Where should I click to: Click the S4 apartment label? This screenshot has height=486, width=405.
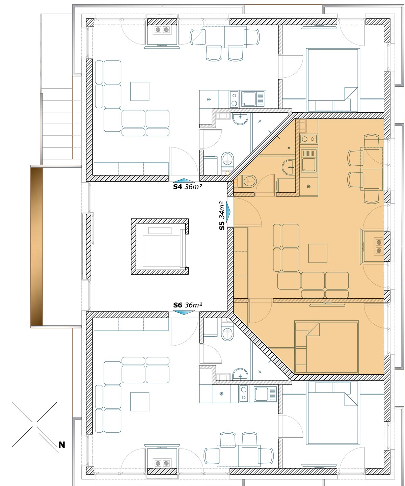[x=177, y=187]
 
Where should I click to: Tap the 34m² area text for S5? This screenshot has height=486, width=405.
[x=222, y=210]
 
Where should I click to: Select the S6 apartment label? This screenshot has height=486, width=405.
[x=178, y=305]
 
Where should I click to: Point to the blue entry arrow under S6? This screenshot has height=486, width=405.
[x=184, y=313]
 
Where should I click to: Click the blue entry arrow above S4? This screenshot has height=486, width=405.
[x=184, y=180]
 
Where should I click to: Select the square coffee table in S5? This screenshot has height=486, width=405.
[x=318, y=253]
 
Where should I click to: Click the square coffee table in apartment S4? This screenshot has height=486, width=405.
[x=140, y=91]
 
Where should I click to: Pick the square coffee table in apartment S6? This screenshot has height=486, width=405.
[x=140, y=402]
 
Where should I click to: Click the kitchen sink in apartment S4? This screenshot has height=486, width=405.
[x=253, y=99]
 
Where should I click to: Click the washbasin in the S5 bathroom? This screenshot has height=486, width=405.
[x=289, y=167]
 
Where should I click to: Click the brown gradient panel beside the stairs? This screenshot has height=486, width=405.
[x=36, y=246]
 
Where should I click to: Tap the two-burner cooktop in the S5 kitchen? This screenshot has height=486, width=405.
[x=308, y=139]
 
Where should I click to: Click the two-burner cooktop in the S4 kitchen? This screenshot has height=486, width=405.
[x=234, y=99]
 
